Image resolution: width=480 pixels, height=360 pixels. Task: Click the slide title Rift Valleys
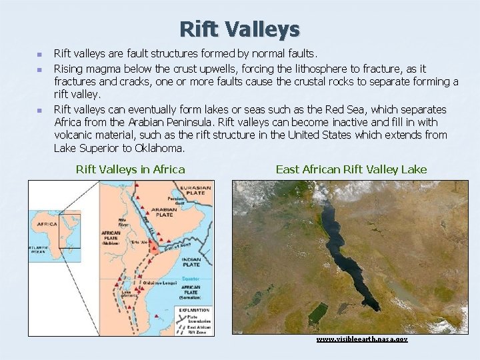[239, 29]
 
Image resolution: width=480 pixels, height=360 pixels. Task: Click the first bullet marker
[39, 53]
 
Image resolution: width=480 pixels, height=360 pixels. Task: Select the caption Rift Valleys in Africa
[131, 169]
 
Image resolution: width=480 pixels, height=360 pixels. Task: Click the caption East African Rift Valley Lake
[351, 169]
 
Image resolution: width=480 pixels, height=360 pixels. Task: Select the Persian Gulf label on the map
[177, 201]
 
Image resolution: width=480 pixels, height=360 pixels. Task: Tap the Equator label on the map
[191, 279]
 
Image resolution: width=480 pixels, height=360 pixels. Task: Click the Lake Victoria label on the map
[126, 294]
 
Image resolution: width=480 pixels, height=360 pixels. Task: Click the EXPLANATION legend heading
[193, 310]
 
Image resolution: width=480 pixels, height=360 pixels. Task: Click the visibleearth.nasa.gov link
[361, 339]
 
